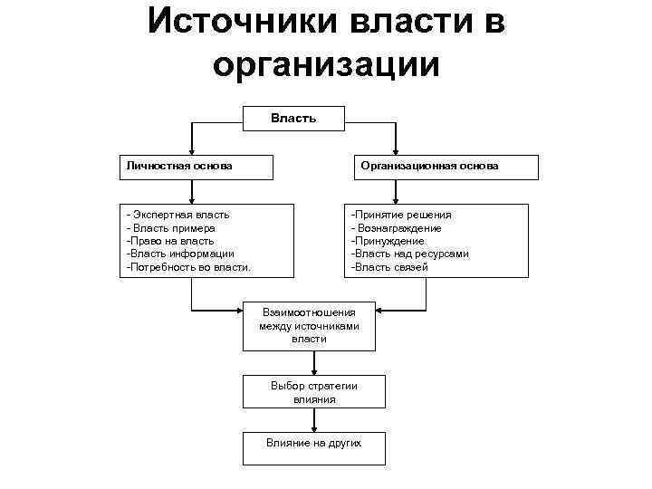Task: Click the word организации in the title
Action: point(326,64)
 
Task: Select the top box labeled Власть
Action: point(293,118)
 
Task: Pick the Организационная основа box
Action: point(443,167)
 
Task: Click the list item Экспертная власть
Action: point(180,215)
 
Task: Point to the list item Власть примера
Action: point(172,228)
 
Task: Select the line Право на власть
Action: point(171,241)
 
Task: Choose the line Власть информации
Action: point(181,254)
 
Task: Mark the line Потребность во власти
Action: point(189,267)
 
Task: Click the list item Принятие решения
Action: point(401,215)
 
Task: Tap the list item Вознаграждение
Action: point(398,228)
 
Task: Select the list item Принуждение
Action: point(388,241)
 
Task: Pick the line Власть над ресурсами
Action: point(410,254)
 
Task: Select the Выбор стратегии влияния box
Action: point(313,392)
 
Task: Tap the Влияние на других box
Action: point(313,444)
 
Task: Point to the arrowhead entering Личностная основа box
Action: point(191,150)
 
